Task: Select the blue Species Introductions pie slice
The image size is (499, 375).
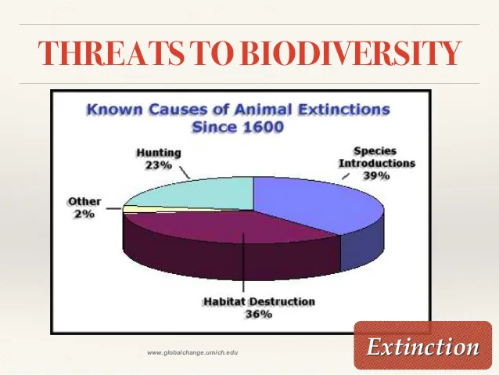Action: click(318, 204)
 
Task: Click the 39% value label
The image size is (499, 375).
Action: click(376, 176)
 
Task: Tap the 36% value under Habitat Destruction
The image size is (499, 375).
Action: click(258, 315)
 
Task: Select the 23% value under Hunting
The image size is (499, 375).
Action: click(159, 165)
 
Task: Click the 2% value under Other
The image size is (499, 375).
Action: click(84, 214)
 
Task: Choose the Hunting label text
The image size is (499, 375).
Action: click(159, 153)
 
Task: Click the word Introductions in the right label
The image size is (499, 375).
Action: click(377, 163)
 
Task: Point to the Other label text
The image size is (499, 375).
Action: click(84, 202)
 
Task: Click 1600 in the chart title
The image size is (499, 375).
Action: click(263, 128)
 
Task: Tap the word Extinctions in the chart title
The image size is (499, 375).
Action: click(343, 110)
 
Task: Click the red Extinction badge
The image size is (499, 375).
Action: click(423, 345)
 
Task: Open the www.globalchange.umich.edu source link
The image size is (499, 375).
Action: click(192, 353)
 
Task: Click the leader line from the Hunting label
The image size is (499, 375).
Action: click(185, 172)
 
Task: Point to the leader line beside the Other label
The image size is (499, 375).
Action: click(114, 209)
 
